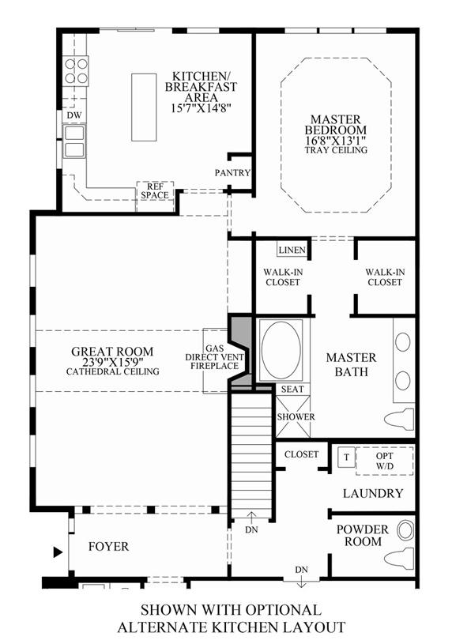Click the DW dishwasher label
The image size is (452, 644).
(x=74, y=115)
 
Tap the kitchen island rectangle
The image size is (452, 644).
(x=144, y=107)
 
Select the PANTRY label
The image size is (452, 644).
(x=232, y=173)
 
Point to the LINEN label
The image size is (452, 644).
(x=292, y=250)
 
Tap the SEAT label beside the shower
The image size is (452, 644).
(x=292, y=390)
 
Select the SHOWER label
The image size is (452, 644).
(x=296, y=417)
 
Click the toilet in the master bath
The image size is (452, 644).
(x=399, y=419)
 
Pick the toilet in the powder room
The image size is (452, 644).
(x=399, y=558)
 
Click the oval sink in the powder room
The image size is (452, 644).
(x=405, y=530)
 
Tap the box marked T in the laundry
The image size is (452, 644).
(x=346, y=457)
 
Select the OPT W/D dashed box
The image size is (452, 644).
(x=385, y=461)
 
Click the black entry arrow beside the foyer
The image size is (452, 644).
(x=58, y=552)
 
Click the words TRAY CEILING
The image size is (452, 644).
(x=336, y=150)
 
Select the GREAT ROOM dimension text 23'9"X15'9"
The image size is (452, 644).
(x=112, y=362)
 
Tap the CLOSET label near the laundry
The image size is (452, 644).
(x=302, y=454)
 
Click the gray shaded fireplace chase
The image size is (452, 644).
(x=240, y=350)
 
